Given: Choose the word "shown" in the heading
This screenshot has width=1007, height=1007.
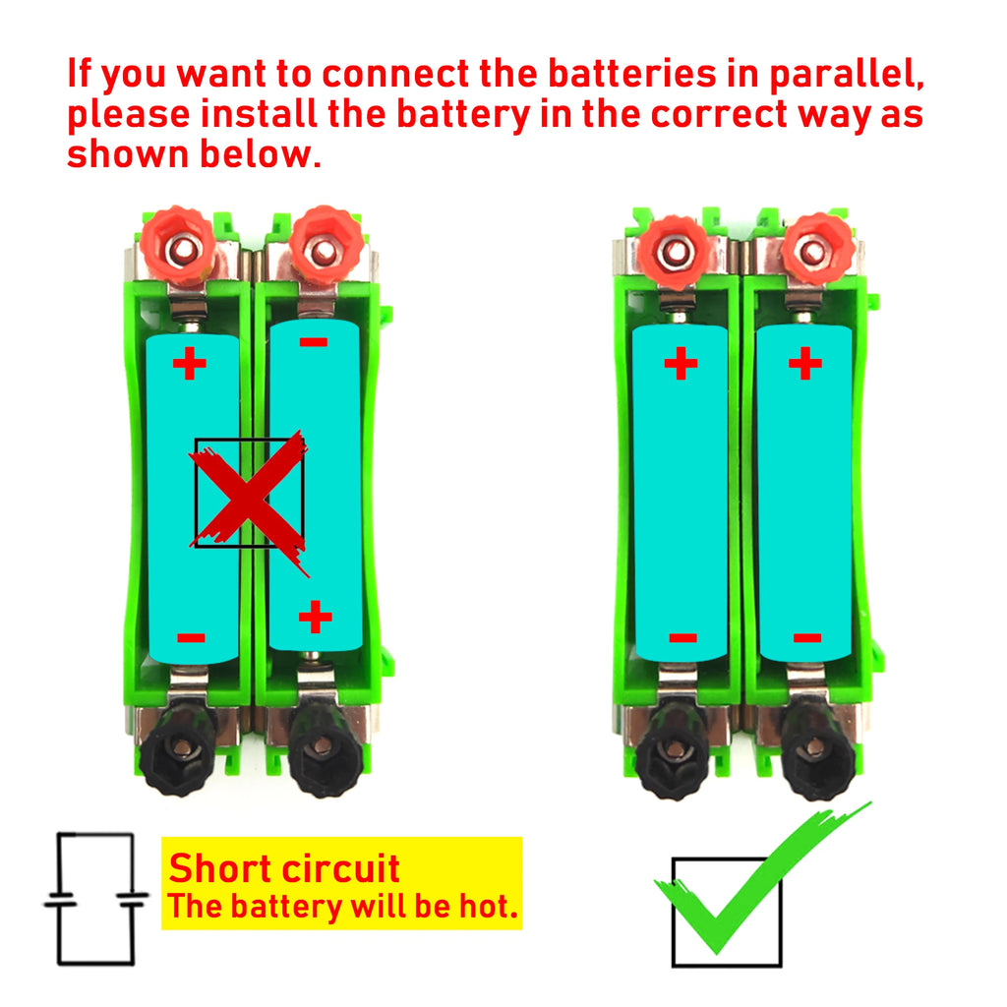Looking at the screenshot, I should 128,154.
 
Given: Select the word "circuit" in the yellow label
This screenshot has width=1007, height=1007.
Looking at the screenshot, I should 340,869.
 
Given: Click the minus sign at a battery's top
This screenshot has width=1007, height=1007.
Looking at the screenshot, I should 314,343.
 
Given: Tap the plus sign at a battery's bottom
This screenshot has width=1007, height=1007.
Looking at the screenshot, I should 315,618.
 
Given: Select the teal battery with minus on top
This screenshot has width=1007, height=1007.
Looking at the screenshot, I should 315,482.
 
